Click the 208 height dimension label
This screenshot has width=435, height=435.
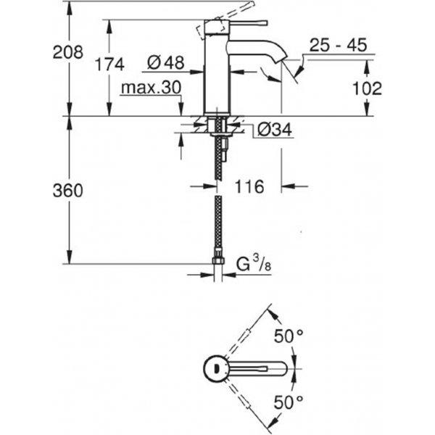coord(68,52)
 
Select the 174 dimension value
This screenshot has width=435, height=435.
coord(109,65)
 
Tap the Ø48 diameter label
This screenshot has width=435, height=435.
coord(165,62)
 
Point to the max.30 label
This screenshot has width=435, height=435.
coord(152,88)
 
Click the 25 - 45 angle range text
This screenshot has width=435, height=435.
coord(338,45)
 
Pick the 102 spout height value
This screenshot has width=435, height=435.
coord(367,88)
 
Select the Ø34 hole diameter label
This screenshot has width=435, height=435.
coord(274,130)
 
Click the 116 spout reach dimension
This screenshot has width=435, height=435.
coord(249,186)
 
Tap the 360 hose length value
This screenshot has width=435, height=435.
coord(68,191)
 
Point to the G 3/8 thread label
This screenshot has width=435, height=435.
coord(254,264)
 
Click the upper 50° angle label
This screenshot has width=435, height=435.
coord(289,336)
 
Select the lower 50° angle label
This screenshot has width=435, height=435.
coord(289,402)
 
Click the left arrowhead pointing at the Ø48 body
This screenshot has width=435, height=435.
coord(197,72)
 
